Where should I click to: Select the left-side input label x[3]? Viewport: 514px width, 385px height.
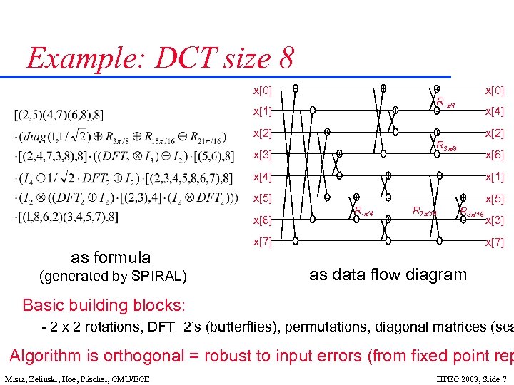pyautogui.click(x=262, y=155)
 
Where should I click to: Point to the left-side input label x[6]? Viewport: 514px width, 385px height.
pyautogui.click(x=262, y=220)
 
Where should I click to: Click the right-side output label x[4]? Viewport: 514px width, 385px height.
pyautogui.click(x=495, y=111)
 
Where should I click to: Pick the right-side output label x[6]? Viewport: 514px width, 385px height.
pyautogui.click(x=495, y=155)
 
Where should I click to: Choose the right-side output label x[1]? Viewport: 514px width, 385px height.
pyautogui.click(x=495, y=177)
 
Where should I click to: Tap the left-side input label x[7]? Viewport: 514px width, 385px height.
pyautogui.click(x=262, y=242)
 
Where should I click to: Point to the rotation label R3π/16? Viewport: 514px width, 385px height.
pyautogui.click(x=472, y=212)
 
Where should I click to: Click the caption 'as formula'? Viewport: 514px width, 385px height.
pyautogui.click(x=111, y=257)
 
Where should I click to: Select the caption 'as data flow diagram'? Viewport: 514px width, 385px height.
pyautogui.click(x=388, y=274)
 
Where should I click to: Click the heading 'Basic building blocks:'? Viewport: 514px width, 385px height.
pyautogui.click(x=104, y=306)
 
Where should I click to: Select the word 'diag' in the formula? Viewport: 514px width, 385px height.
pyautogui.click(x=42, y=135)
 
